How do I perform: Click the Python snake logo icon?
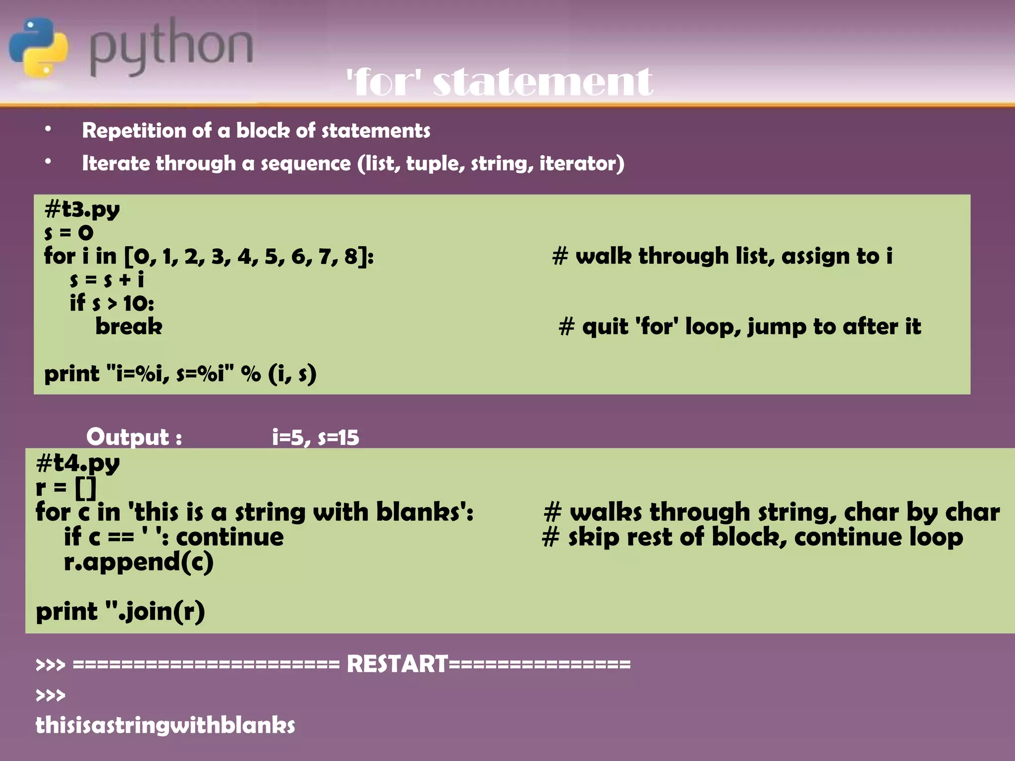38,47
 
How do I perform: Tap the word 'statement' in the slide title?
543,82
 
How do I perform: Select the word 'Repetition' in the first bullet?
133,131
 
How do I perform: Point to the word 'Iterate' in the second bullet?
114,163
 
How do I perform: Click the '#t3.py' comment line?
82,209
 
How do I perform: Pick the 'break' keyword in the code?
129,326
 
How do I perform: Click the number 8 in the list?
351,257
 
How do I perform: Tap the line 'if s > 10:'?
112,303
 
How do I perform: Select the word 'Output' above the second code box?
128,437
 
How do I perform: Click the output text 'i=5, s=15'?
315,437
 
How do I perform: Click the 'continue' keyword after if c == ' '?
230,537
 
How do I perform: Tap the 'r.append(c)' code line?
138,562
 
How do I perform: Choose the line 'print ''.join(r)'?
120,611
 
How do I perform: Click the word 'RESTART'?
397,664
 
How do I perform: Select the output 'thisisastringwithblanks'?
165,725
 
